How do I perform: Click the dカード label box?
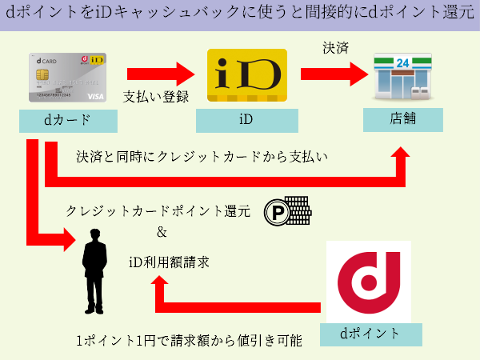(69, 121)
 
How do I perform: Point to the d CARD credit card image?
(68, 77)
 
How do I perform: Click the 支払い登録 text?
(156, 98)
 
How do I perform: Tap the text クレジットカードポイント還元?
(158, 211)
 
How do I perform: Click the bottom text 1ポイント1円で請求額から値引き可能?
(189, 341)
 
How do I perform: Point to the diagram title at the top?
(240, 15)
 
